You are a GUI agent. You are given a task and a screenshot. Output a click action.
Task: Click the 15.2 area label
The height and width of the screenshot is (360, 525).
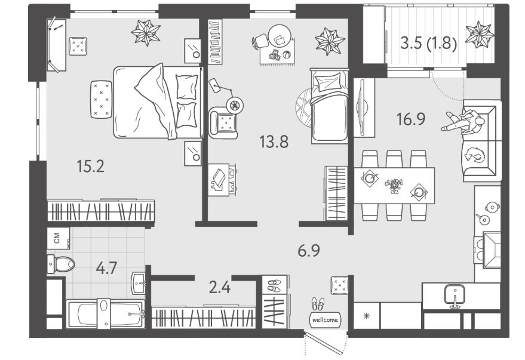[x=90, y=167]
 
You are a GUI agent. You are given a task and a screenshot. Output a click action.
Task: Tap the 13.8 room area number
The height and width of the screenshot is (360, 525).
[x=274, y=142]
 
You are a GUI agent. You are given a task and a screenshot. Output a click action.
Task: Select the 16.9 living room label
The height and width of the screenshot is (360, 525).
[x=411, y=119]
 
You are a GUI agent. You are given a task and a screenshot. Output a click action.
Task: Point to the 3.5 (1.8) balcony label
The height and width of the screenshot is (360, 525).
[x=429, y=44]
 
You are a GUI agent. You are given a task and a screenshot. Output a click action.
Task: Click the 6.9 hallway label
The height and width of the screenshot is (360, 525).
[x=309, y=251]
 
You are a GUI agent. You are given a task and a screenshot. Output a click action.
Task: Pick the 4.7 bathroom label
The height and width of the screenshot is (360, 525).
[x=106, y=268]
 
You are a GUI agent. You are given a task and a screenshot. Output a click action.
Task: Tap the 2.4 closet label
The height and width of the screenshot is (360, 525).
[x=220, y=287]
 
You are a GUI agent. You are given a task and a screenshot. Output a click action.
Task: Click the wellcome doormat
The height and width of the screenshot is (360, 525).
[x=325, y=319]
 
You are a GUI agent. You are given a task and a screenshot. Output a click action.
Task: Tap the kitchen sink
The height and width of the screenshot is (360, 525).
[x=454, y=296]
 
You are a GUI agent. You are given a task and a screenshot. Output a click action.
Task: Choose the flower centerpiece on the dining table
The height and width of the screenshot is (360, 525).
[x=394, y=186]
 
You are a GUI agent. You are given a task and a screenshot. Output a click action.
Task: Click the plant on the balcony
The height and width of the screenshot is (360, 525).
[x=480, y=34]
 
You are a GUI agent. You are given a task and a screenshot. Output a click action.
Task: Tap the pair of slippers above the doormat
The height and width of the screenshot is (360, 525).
[x=318, y=304]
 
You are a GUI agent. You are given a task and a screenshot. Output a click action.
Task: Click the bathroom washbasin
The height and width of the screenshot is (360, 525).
[x=139, y=284]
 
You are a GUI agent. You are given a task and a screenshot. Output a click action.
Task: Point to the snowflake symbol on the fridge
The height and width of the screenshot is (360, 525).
[x=367, y=315]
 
